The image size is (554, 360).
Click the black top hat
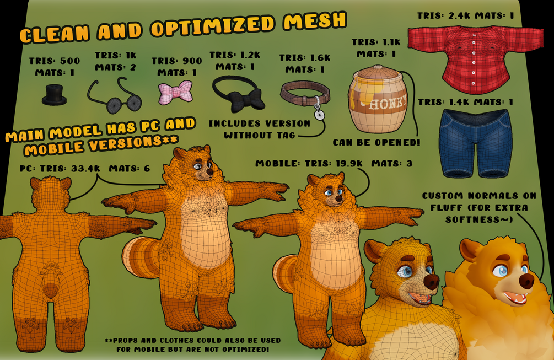[x=54, y=95]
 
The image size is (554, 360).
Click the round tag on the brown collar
[x=319, y=115]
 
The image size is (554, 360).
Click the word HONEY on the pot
[x=388, y=103]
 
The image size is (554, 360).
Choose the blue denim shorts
[x=475, y=143]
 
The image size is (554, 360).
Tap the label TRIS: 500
[x=55, y=61]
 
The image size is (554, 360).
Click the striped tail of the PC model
[x=141, y=257]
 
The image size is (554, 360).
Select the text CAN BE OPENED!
[x=376, y=142]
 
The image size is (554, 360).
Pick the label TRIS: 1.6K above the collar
[x=304, y=57]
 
